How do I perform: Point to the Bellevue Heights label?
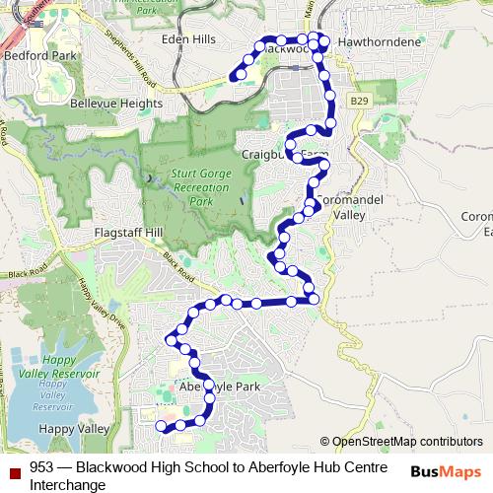[x=115, y=103]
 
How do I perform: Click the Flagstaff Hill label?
[x=125, y=233]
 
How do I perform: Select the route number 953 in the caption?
[x=41, y=467]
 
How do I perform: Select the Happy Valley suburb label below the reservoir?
[x=73, y=429]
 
